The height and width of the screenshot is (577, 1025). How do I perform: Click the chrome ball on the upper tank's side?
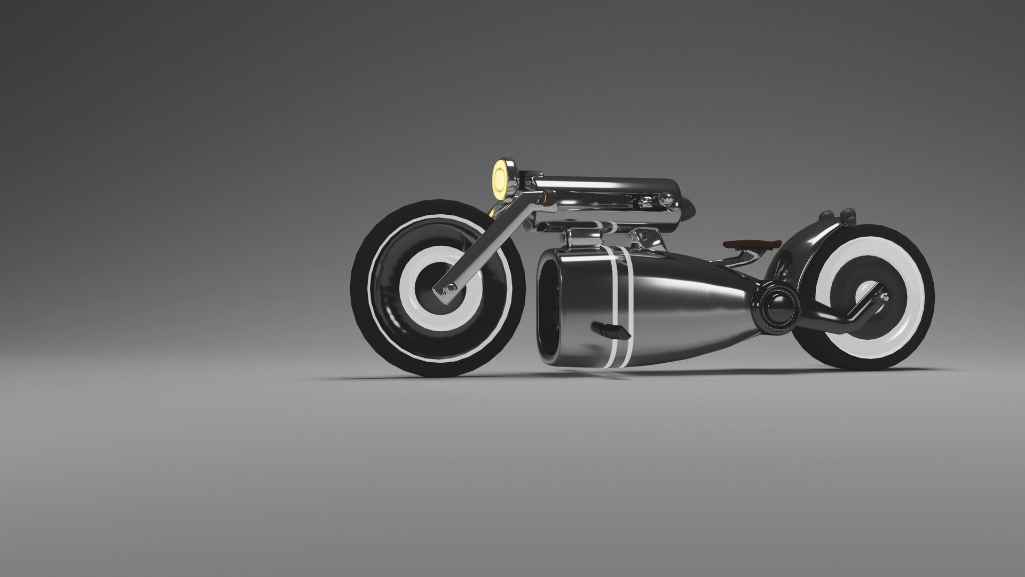click(665, 201)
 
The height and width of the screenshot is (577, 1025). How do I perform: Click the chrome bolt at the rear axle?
click(882, 296)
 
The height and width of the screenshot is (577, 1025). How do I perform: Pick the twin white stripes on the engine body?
click(621, 299)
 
